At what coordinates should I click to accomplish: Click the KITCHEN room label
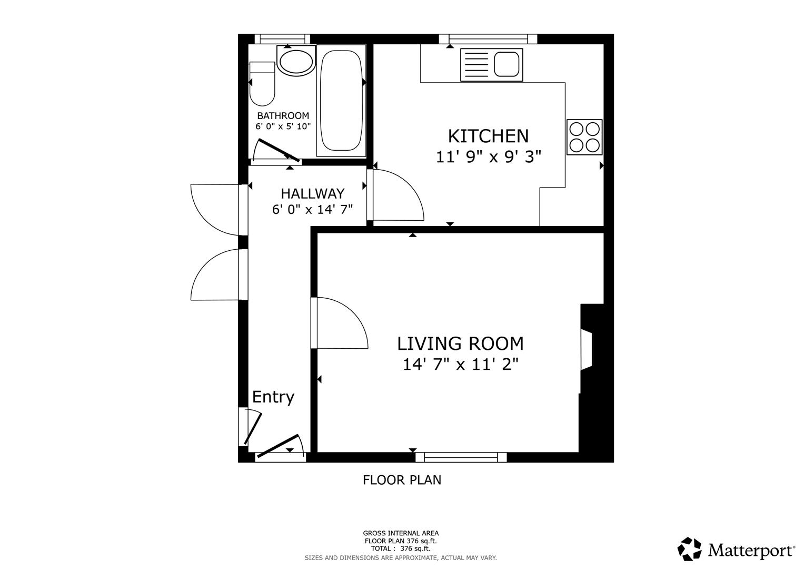(488, 136)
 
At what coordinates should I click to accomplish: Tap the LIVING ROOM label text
(460, 344)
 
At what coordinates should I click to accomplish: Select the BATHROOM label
(283, 116)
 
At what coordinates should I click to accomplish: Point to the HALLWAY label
(312, 193)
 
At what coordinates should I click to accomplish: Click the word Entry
(273, 397)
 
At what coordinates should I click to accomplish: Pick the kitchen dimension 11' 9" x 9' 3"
(488, 157)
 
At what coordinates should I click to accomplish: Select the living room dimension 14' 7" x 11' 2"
(460, 364)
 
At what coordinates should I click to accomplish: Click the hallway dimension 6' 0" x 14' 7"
(312, 210)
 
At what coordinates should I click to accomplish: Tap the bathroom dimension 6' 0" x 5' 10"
(283, 126)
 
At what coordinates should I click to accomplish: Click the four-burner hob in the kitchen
(584, 137)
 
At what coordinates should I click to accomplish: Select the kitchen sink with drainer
(491, 65)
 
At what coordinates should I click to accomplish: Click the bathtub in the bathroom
(341, 100)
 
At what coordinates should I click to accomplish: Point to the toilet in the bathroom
(262, 84)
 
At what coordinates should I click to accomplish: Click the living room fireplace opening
(586, 350)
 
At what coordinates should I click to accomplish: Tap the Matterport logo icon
(689, 550)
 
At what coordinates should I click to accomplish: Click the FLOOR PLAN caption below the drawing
(402, 480)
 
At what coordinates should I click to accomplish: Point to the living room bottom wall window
(461, 457)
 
